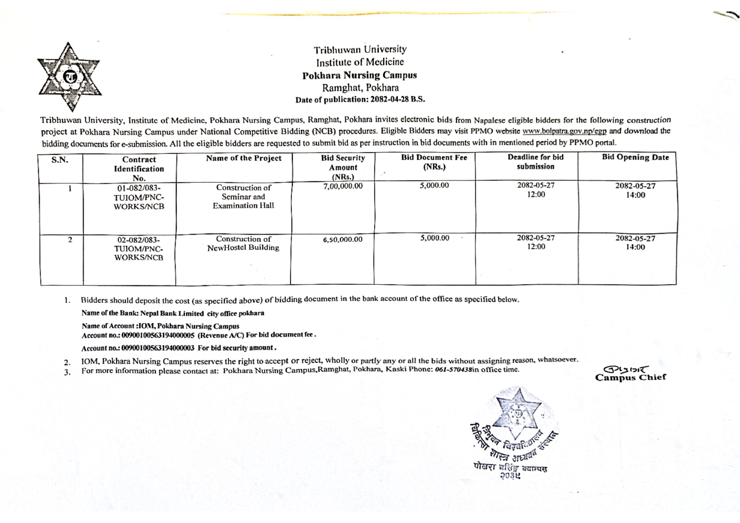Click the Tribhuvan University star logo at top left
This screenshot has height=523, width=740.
pyautogui.click(x=69, y=77)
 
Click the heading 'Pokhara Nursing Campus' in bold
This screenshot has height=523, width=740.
pyautogui.click(x=359, y=75)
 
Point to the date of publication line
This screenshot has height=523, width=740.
pyautogui.click(x=360, y=100)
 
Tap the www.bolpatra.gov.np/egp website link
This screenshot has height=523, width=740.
pyautogui.click(x=564, y=131)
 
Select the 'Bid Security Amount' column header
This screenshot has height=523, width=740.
pyautogui.click(x=343, y=167)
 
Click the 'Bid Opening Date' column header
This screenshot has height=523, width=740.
pyautogui.click(x=635, y=157)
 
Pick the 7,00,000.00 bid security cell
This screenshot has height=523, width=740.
pyautogui.click(x=343, y=186)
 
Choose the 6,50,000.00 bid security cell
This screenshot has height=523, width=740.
pyautogui.click(x=343, y=240)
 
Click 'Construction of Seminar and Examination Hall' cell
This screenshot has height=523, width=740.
pyautogui.click(x=243, y=197)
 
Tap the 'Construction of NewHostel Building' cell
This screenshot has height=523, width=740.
pyautogui.click(x=243, y=243)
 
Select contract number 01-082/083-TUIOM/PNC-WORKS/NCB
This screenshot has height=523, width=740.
pyautogui.click(x=139, y=197)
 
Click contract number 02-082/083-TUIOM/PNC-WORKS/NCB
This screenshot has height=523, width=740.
pyautogui.click(x=139, y=249)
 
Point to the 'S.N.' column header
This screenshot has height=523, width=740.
pyautogui.click(x=60, y=160)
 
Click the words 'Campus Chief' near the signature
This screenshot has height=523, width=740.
pyautogui.click(x=630, y=377)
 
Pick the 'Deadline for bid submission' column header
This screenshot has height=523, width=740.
pyautogui.click(x=535, y=162)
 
